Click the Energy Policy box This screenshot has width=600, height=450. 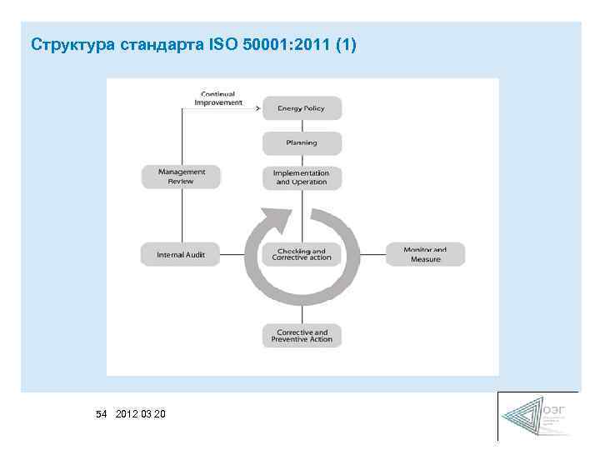[302, 108]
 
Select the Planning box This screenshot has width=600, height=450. [302, 143]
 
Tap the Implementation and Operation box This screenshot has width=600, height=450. [302, 177]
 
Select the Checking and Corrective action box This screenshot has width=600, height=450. [302, 254]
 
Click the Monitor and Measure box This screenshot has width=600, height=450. [425, 254]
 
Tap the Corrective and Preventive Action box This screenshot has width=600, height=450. [302, 336]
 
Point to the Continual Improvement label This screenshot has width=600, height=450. [218, 98]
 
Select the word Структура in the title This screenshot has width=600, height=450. [72, 44]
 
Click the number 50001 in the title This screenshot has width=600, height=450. [268, 44]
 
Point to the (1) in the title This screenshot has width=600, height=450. [345, 44]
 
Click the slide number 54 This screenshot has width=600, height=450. [102, 413]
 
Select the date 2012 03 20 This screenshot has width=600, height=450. [141, 413]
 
